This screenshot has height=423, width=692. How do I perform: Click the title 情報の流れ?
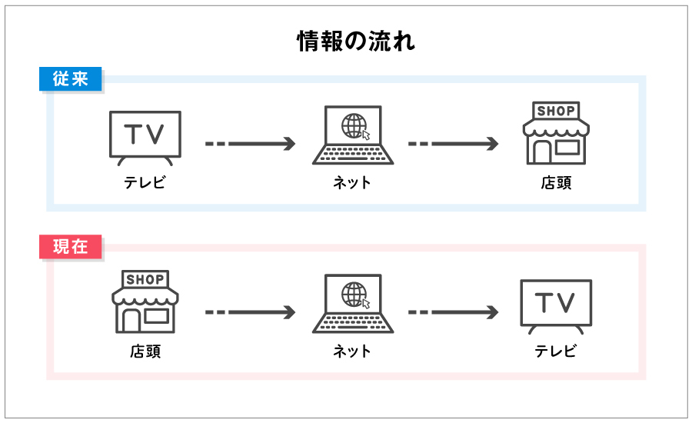[356, 42]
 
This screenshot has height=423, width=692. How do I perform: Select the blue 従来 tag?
[71, 79]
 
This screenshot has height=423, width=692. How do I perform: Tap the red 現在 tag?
[71, 248]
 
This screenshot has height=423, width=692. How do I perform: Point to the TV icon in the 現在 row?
[555, 305]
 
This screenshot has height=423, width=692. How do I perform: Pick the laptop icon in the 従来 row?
[353, 137]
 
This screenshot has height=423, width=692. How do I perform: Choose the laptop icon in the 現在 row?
[353, 305]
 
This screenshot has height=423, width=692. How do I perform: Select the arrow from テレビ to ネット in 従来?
[250, 144]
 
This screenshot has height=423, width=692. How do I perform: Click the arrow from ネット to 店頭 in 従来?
[454, 144]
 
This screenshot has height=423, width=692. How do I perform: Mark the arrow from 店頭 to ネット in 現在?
[250, 312]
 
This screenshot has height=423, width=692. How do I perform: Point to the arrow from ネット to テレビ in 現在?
[454, 312]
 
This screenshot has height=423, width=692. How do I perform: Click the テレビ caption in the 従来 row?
[145, 183]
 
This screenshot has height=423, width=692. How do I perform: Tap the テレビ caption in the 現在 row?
[555, 351]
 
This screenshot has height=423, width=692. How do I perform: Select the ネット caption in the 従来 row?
[352, 183]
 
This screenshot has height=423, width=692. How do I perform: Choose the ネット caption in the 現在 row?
[352, 351]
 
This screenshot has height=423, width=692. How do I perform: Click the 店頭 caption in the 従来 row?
[555, 183]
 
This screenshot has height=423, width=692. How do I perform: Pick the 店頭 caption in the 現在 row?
[145, 351]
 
